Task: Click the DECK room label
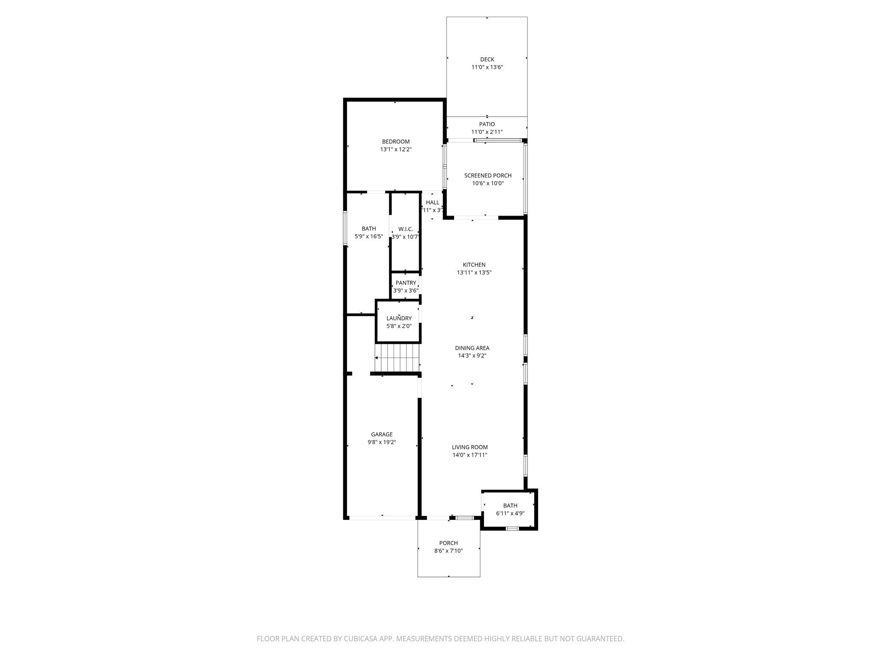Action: point(487,59)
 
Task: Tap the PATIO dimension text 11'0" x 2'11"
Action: point(487,132)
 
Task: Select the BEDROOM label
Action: point(396,142)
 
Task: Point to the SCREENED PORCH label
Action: point(488,176)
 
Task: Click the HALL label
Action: point(432,202)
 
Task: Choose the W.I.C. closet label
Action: point(405,229)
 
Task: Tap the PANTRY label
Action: point(406,283)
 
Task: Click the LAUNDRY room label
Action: point(399,318)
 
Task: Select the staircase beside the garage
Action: point(397,357)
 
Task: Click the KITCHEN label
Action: point(474,265)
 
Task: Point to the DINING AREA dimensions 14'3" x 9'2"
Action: point(472,356)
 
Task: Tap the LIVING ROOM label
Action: point(470,447)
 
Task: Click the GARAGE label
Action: point(382,434)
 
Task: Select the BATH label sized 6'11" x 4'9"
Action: point(510,506)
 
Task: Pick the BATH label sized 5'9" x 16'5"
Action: point(369,229)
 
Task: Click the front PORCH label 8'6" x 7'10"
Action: point(448,543)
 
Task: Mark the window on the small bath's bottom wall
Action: point(512,528)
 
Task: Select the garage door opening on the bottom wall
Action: point(382,518)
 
